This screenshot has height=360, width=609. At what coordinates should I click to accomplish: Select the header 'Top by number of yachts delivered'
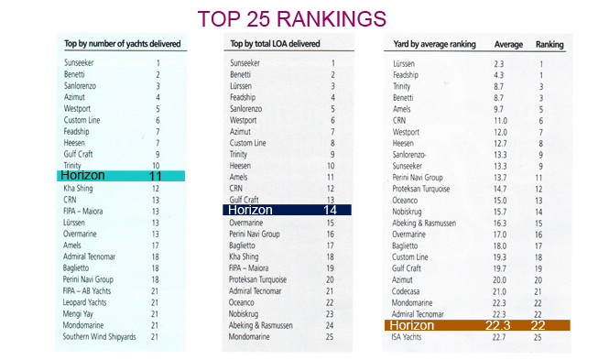(x=114, y=44)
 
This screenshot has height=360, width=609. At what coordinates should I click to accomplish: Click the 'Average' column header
(x=509, y=44)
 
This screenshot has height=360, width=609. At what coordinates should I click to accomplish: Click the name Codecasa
(x=409, y=290)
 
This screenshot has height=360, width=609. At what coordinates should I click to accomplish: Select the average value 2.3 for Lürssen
(x=500, y=63)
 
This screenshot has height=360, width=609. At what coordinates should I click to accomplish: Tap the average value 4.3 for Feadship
(x=500, y=74)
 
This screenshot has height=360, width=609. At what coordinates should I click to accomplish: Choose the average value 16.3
(x=498, y=223)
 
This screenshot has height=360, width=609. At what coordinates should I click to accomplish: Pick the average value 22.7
(x=498, y=336)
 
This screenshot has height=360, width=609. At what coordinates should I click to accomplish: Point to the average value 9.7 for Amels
(x=500, y=108)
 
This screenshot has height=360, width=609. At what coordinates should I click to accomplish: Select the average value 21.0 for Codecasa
(x=498, y=290)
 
